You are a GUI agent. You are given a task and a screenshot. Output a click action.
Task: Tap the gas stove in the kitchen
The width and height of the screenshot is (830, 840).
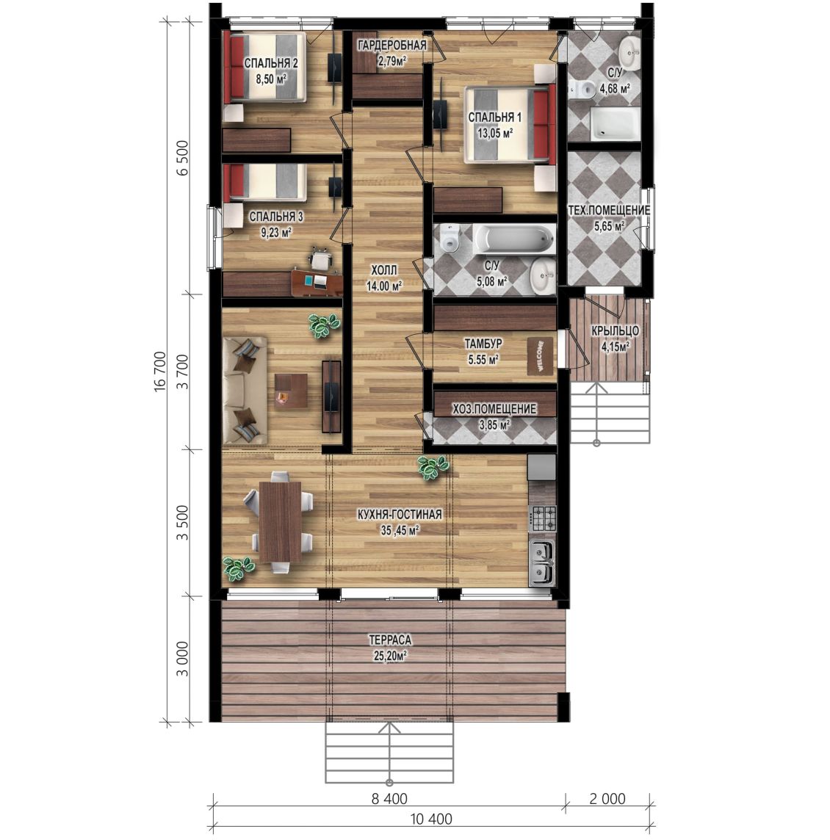click(543, 518)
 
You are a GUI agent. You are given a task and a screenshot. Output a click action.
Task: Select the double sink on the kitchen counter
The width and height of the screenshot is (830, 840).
click(543, 561)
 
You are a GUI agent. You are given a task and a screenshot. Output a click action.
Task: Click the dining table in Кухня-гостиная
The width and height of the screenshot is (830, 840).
click(281, 522)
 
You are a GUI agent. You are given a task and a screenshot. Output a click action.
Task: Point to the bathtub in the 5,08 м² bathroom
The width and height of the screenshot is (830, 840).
click(514, 239)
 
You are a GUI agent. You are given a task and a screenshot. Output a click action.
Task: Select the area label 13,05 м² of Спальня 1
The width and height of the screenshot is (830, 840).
click(496, 132)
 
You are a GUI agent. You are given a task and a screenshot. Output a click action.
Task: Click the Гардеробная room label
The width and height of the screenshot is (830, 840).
click(392, 46)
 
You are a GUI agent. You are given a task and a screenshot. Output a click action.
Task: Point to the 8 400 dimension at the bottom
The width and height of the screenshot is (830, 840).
click(389, 799)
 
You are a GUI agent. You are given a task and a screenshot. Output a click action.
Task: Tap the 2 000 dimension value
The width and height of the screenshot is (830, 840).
click(607, 799)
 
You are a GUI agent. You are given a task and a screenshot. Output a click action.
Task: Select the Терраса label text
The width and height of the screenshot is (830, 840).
click(389, 640)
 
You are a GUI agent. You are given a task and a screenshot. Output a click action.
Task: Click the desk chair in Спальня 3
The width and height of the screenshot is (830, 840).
click(320, 258)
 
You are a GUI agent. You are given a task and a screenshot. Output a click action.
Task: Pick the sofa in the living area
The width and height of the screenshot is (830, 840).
click(245, 390)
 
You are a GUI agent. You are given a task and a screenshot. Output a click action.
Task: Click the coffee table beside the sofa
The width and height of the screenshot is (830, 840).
click(291, 391)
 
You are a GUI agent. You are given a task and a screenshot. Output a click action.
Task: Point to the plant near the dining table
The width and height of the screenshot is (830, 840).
click(239, 568)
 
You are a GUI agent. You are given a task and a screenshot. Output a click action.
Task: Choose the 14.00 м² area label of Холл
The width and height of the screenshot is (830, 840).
click(384, 286)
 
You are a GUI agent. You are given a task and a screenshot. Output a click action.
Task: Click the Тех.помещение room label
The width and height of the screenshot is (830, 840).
click(609, 211)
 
